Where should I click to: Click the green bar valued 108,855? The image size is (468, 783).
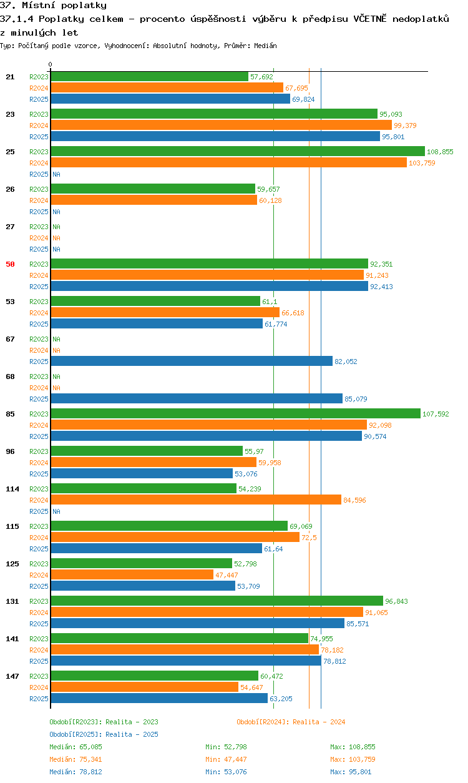tap(238, 151)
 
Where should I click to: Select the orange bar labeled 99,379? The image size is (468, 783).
tap(222, 125)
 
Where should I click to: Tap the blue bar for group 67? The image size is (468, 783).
tap(192, 361)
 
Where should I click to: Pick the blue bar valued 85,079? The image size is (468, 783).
tap(197, 398)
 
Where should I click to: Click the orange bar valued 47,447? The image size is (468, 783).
tap(132, 574)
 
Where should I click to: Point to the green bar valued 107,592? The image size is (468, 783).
tap(236, 413)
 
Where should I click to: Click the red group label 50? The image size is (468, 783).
tap(10, 264)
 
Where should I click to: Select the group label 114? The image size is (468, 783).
tap(12, 489)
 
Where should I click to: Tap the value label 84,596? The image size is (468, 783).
tap(354, 500)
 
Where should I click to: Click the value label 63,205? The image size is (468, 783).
tap(281, 699)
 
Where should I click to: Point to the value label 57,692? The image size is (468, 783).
tap(261, 77)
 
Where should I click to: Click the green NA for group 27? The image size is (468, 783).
tap(56, 227)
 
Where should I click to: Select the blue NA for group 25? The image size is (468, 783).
tap(56, 174)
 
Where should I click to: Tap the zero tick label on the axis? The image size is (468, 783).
tap(51, 64)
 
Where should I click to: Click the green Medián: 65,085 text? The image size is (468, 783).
tap(76, 747)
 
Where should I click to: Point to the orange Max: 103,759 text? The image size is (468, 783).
tap(353, 759)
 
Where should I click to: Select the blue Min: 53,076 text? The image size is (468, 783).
tap(226, 772)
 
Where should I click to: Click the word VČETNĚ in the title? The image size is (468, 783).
tap(370, 19)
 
